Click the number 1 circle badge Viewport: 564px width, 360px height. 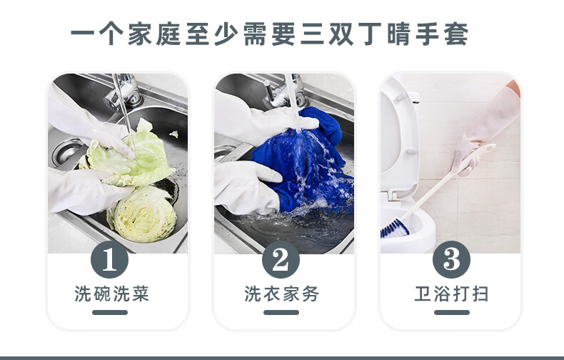coord(110,259)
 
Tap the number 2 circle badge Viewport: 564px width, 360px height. coord(281,259)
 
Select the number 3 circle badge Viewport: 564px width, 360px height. coord(451,259)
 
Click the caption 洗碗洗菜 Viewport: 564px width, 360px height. coord(111,294)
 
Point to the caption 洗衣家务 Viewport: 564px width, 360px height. coord(281,294)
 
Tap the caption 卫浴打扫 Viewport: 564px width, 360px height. coord(451,294)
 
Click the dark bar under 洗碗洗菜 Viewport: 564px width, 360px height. coord(110,312)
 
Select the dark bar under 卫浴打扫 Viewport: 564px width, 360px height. coord(452,312)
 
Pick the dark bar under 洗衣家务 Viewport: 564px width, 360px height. coord(281,312)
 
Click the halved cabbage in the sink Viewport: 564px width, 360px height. coord(143,214)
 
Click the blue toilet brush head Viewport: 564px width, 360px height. coord(394,229)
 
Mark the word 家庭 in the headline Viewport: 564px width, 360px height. coord(154,34)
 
